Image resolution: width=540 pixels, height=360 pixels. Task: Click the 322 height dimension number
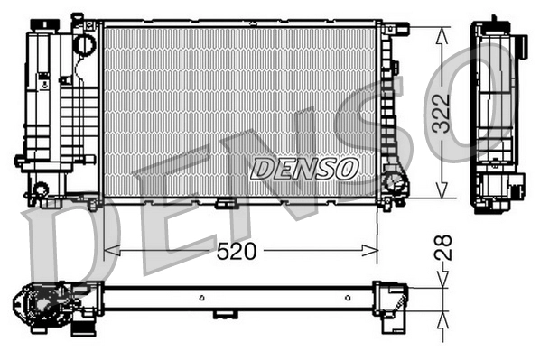point(440,113)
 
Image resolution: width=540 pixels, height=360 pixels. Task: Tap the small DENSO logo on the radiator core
point(304,168)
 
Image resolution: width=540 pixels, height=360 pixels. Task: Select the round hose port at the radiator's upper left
point(84,42)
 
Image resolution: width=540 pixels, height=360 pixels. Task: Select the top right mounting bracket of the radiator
point(388,30)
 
